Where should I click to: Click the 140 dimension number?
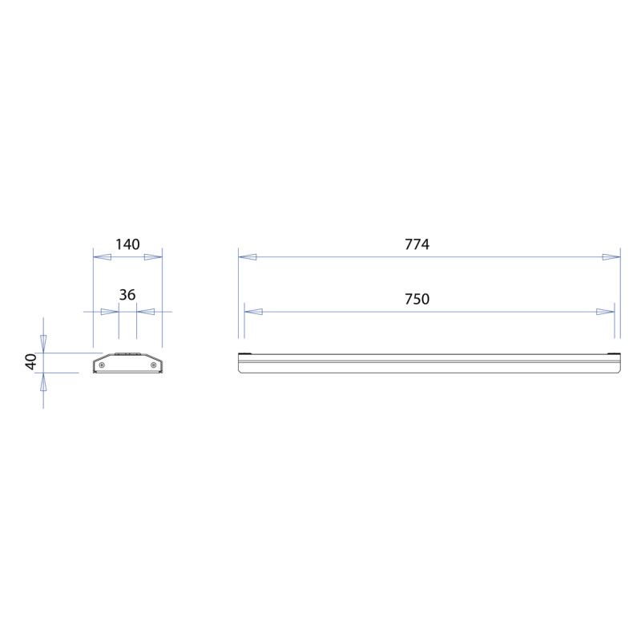click(127, 244)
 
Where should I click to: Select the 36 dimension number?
click(127, 295)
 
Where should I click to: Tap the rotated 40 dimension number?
click(31, 361)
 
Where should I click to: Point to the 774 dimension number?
click(417, 244)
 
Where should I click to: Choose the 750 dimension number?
click(417, 299)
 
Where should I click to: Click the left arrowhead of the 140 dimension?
click(103, 257)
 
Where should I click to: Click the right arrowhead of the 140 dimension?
click(153, 257)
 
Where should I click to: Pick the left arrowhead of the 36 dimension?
click(110, 312)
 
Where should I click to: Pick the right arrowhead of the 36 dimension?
click(146, 312)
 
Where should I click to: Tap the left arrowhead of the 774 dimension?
click(248, 257)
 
